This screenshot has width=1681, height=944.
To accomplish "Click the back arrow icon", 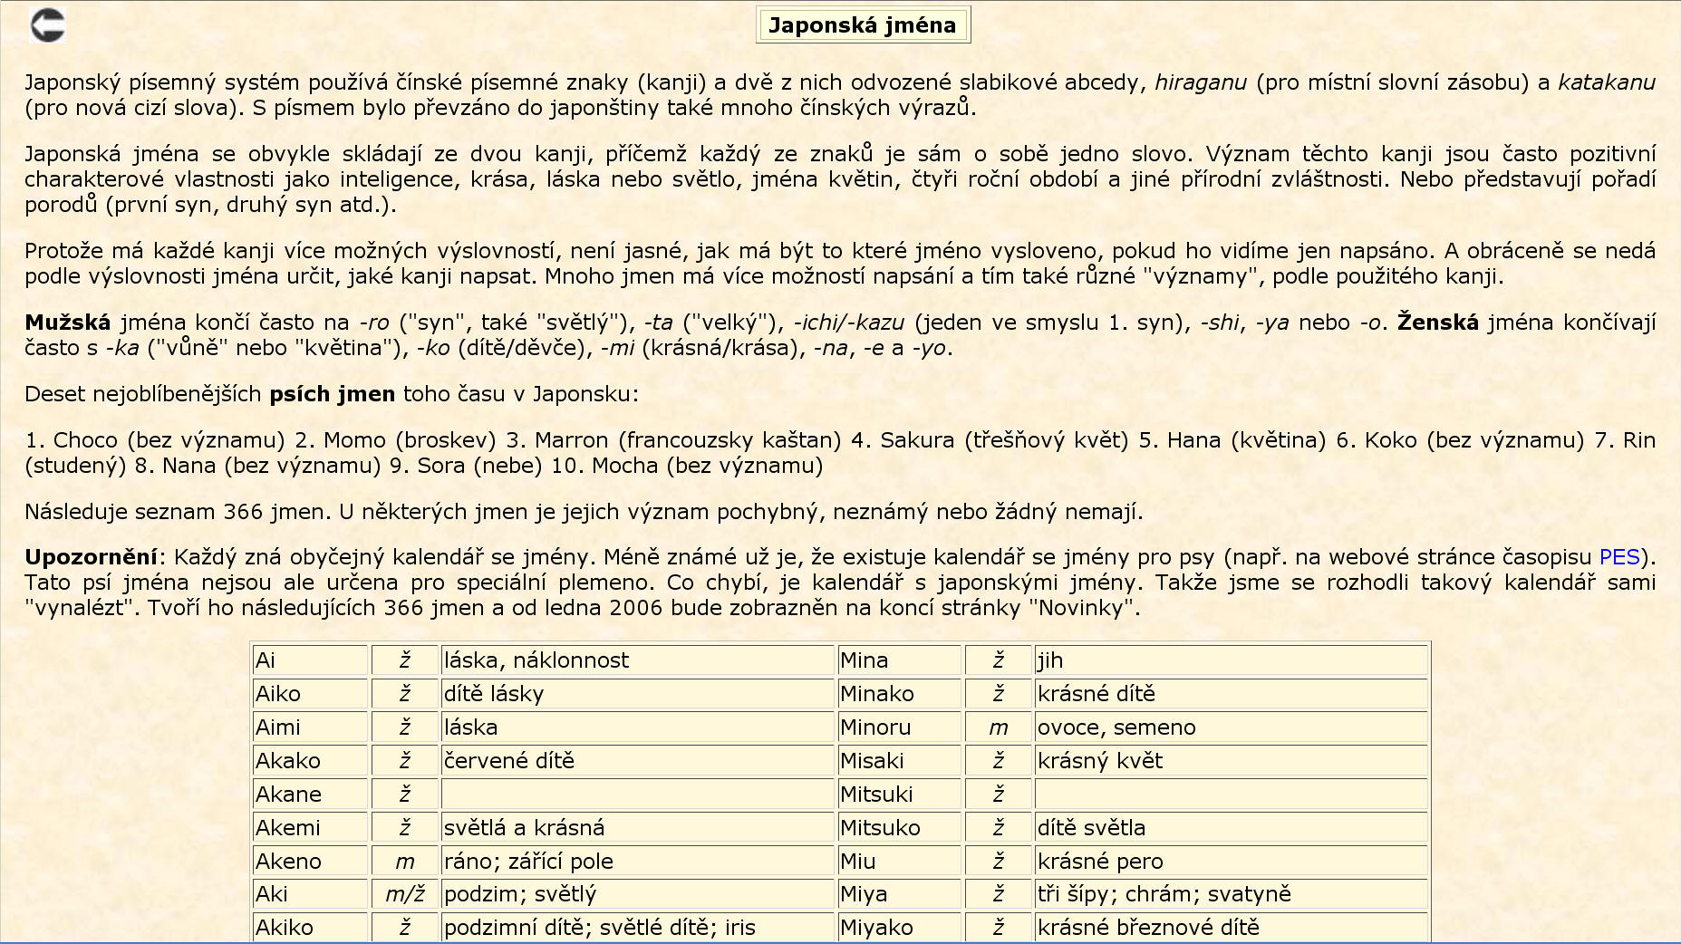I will pyautogui.click(x=47, y=24).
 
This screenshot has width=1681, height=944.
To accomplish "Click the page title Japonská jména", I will pyautogui.click(x=862, y=25).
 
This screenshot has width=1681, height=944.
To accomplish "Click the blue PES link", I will pyautogui.click(x=1619, y=557).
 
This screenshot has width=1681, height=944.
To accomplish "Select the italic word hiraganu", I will pyautogui.click(x=1200, y=82).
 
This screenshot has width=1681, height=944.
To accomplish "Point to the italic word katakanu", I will pyautogui.click(x=1606, y=82).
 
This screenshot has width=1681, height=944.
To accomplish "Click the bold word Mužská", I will pyautogui.click(x=67, y=323).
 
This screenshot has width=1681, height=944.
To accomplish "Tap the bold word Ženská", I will pyautogui.click(x=1437, y=323).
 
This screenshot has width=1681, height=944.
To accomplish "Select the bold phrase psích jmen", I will pyautogui.click(x=332, y=394).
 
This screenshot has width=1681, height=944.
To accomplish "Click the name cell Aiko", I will pyautogui.click(x=310, y=694).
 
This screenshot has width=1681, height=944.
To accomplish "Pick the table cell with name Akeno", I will pyautogui.click(x=310, y=862).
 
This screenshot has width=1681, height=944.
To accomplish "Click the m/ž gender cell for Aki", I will pyautogui.click(x=405, y=895).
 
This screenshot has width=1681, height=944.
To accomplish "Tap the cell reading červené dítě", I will pyautogui.click(x=636, y=761).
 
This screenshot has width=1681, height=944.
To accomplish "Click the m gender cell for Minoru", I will pyautogui.click(x=998, y=727).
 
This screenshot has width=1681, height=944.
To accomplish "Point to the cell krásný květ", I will pyautogui.click(x=1230, y=761).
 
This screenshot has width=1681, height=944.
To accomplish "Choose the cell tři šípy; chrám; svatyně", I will pyautogui.click(x=1230, y=895).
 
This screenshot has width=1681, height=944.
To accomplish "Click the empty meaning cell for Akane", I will pyautogui.click(x=636, y=795).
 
